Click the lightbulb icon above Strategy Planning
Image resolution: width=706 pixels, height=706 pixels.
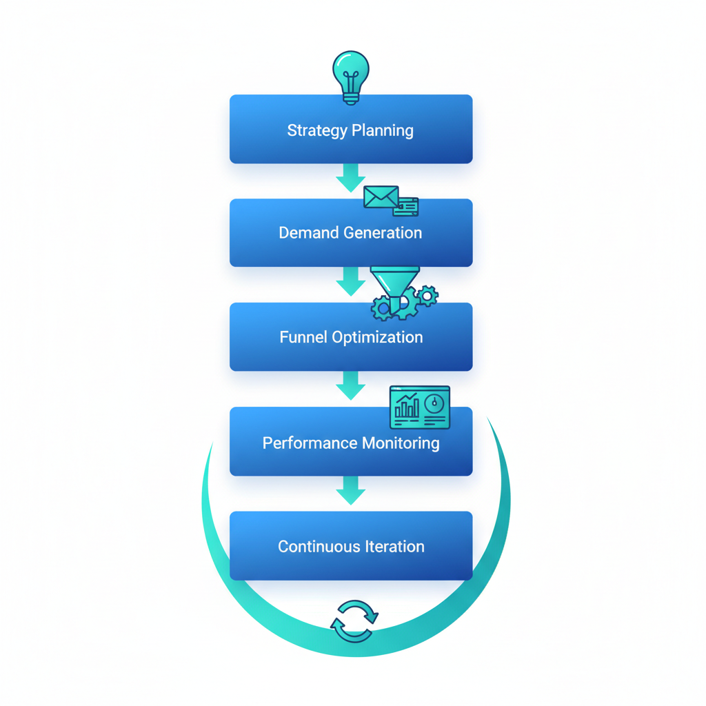(350, 76)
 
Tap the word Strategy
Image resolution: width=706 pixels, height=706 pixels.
(316, 130)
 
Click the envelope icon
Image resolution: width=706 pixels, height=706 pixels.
(381, 197)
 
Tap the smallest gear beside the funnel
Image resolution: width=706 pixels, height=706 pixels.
(428, 296)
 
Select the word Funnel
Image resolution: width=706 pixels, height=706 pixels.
(303, 337)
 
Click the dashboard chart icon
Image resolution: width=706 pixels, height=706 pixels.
(419, 407)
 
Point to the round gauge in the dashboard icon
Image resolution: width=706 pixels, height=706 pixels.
(434, 403)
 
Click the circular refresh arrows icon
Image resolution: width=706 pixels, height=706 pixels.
(354, 621)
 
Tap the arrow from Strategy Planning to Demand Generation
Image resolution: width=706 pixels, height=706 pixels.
(350, 179)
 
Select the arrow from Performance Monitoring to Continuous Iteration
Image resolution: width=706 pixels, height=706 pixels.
(350, 491)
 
